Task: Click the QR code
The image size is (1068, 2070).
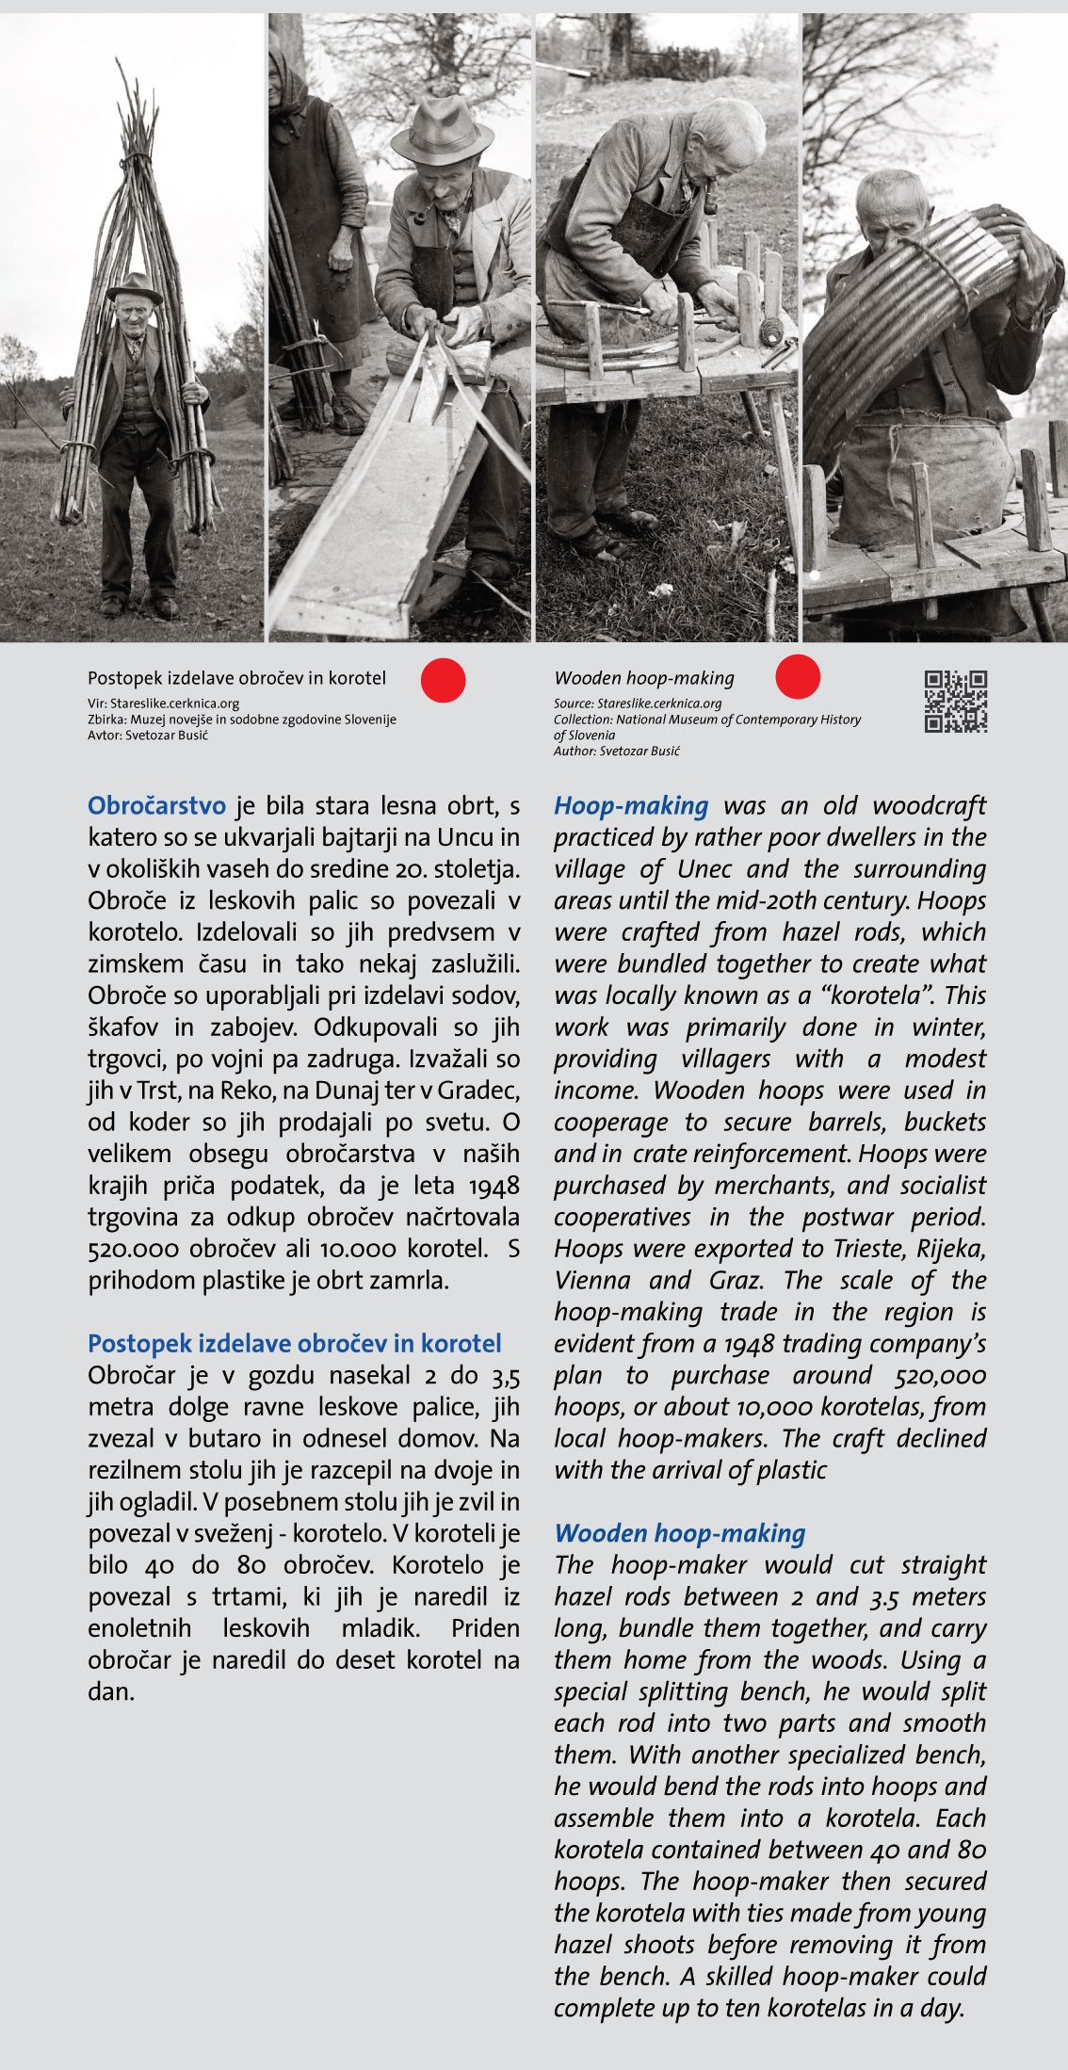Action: click(955, 702)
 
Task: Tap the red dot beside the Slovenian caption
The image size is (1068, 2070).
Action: click(443, 680)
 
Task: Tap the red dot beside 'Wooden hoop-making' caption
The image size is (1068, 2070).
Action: click(798, 677)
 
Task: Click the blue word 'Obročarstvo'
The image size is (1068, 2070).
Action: click(156, 806)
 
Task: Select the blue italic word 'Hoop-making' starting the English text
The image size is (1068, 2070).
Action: click(631, 806)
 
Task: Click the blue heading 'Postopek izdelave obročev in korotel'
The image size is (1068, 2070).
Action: click(295, 1343)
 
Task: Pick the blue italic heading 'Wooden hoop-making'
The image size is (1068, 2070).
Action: click(679, 1533)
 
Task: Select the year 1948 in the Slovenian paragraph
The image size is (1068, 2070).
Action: click(494, 1186)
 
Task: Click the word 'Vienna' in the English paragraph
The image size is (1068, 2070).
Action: click(591, 1281)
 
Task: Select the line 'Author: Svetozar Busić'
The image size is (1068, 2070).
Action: click(617, 752)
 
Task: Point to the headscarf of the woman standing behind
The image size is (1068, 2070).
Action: click(285, 75)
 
